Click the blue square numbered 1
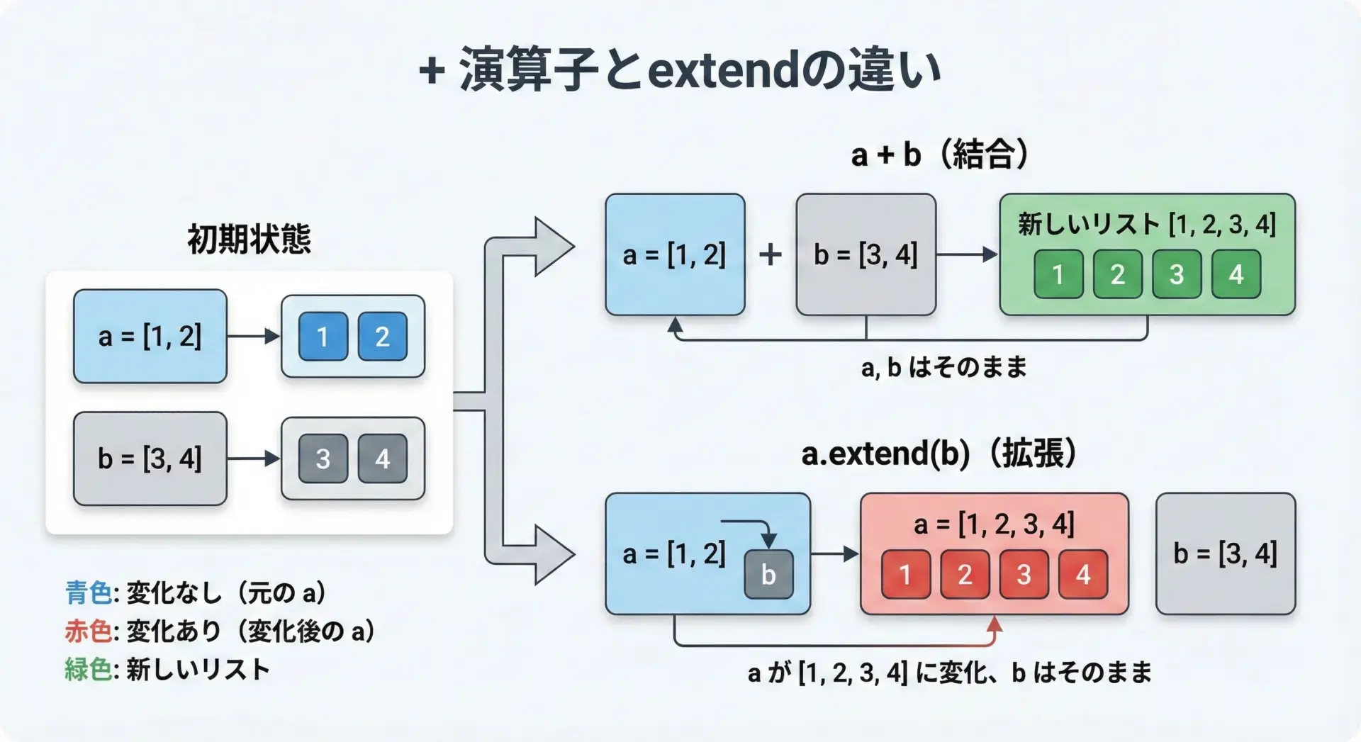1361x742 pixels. (x=323, y=337)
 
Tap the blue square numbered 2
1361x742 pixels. (x=382, y=337)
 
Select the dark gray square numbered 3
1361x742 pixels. (x=323, y=459)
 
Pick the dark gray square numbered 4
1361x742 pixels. (x=382, y=459)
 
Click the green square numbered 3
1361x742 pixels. (x=1177, y=274)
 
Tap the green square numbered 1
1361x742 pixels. (x=1058, y=274)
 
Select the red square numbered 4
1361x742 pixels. (x=1083, y=574)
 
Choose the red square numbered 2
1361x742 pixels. (x=965, y=574)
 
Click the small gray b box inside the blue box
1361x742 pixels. (x=768, y=574)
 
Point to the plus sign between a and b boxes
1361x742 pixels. (x=771, y=254)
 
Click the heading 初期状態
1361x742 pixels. (x=249, y=239)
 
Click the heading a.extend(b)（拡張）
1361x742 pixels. (x=940, y=454)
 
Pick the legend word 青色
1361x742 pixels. (x=89, y=592)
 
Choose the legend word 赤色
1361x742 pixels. (x=89, y=631)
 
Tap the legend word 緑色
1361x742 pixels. (x=89, y=669)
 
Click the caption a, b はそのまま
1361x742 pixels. (x=944, y=367)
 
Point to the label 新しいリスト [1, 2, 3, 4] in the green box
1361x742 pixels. (x=1147, y=225)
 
